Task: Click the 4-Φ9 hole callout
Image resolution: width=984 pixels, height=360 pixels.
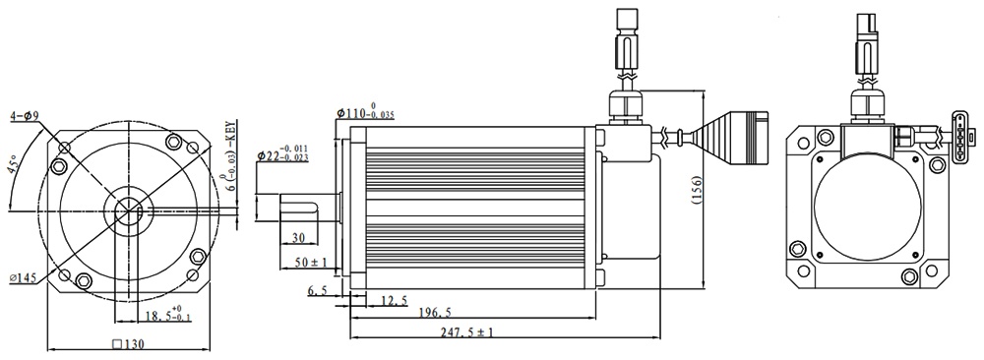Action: tap(25, 115)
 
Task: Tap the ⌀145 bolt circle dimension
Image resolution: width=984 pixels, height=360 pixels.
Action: tap(23, 277)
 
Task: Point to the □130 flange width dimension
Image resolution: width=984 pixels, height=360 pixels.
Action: tap(127, 343)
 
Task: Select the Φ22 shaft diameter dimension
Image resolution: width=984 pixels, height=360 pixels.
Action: tap(282, 155)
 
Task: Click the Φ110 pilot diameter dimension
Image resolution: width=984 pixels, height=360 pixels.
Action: tap(365, 112)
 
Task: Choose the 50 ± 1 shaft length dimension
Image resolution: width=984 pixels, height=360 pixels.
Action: tap(311, 263)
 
